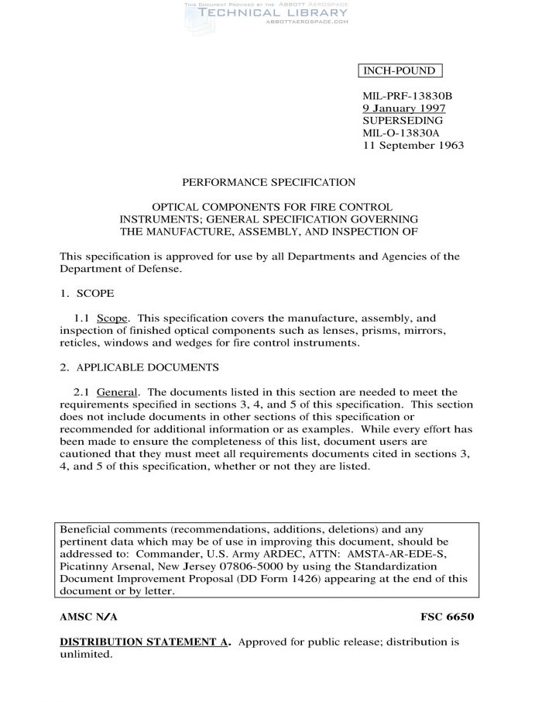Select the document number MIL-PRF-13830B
[x=407, y=96]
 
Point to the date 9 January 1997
[x=403, y=108]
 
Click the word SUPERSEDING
[x=403, y=121]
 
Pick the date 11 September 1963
[x=413, y=146]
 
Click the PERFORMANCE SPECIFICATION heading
[x=269, y=183]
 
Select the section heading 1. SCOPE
[x=87, y=294]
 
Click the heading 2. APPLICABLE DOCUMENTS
[x=139, y=366]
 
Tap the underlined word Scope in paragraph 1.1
[x=112, y=318]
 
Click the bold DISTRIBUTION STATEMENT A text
[x=145, y=642]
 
